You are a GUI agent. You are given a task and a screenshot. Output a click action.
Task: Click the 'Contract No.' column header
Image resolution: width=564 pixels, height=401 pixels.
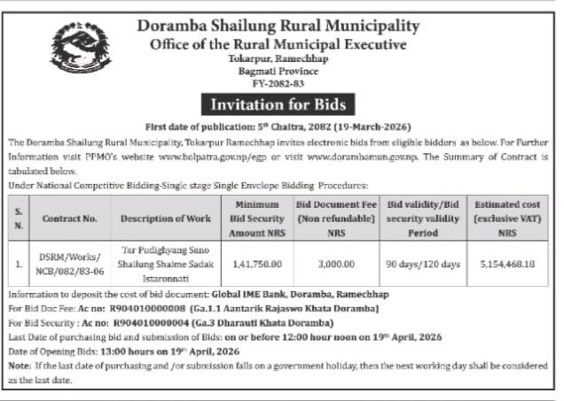point(68,217)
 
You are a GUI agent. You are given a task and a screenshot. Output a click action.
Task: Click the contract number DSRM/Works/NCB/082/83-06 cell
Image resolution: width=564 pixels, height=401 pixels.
point(69,264)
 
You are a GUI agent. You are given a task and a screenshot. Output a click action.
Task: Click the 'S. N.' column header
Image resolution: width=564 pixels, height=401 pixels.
point(19,217)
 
